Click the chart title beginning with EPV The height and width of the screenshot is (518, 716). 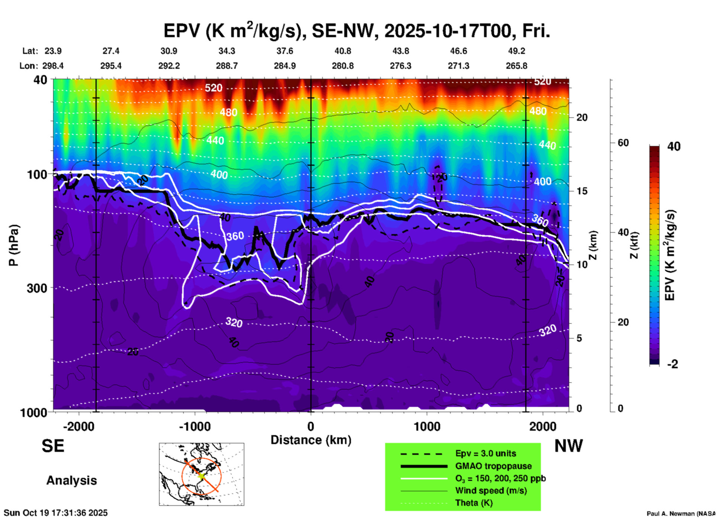point(357,31)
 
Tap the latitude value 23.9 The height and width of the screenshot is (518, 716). point(53,51)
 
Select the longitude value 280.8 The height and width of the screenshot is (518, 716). point(342,66)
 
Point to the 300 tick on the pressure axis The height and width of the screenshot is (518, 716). point(37,288)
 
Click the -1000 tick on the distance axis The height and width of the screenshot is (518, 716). point(195,427)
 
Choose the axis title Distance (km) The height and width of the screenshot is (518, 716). point(311,440)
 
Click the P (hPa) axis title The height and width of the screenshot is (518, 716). point(13,245)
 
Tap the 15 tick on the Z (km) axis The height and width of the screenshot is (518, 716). point(582,191)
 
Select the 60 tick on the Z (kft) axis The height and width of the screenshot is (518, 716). point(623,143)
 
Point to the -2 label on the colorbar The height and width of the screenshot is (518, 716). point(673,364)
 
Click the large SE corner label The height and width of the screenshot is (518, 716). point(53,446)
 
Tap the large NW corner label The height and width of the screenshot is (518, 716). point(568,446)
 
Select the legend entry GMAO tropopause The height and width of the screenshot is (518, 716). point(493,466)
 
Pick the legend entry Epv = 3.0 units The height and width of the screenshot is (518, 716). point(486,453)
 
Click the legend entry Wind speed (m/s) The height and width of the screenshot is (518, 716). point(491,491)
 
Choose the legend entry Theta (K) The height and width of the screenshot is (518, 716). point(474,503)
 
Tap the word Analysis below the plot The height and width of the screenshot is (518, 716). point(71,480)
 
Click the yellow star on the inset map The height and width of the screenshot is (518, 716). point(201,476)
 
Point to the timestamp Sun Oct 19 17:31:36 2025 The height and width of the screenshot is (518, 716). point(56,513)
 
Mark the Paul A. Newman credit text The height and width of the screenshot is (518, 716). point(681,514)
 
